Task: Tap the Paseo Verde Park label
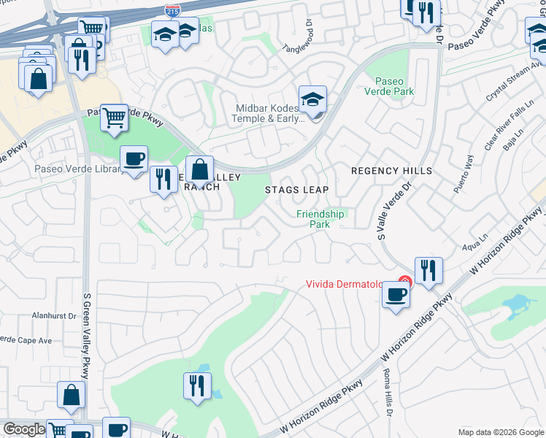click(394, 86)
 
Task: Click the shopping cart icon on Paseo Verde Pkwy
click(114, 117)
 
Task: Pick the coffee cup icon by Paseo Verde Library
click(134, 158)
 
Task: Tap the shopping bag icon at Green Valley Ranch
click(199, 170)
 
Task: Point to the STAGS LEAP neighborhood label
click(296, 190)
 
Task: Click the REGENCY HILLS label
click(392, 171)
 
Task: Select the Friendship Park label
click(320, 219)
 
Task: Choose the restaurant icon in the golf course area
click(196, 385)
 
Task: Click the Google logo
click(24, 429)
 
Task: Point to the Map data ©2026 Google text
click(500, 432)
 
